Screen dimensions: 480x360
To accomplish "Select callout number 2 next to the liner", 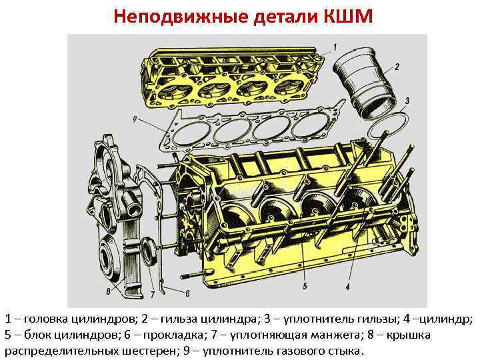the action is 397,67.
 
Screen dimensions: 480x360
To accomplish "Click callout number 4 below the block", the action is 348,287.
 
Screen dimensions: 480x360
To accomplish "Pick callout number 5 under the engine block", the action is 304,287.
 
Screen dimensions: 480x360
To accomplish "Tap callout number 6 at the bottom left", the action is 188,293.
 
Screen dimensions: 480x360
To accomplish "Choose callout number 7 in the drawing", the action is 153,294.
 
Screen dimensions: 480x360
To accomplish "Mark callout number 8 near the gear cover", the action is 107,291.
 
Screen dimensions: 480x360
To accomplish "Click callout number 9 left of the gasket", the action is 135,119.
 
